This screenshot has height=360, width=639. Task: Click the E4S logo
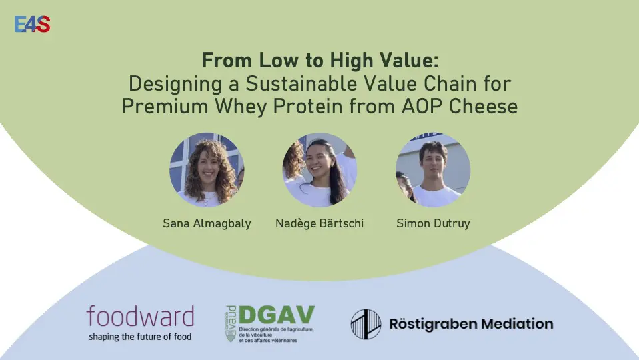point(32,24)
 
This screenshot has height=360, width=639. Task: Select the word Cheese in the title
point(483,107)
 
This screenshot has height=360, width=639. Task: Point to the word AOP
point(422,107)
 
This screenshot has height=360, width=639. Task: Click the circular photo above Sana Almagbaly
point(207,169)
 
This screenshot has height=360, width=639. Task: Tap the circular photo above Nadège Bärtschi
point(320,169)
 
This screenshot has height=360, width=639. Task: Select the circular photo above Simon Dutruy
point(433,169)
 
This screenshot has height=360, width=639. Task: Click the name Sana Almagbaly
point(207,223)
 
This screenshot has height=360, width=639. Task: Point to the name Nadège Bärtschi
point(320,223)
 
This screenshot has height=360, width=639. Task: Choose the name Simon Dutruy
point(433,223)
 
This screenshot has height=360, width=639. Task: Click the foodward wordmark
point(140,317)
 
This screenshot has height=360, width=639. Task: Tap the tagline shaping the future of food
point(140,337)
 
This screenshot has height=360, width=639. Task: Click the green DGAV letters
point(277,315)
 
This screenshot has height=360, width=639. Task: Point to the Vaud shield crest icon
point(231,335)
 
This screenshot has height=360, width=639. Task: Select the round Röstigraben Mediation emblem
point(366,324)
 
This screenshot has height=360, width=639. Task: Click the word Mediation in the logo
point(517,324)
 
